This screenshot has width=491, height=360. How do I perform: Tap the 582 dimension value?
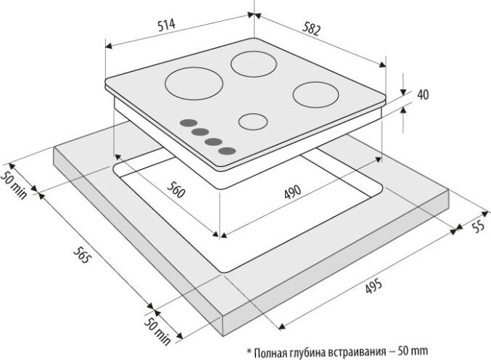tap(312, 30)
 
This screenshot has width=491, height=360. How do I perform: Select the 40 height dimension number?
tap(423, 94)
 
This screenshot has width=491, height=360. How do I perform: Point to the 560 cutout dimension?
tap(176, 189)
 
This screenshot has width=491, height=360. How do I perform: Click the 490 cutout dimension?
tap(292, 192)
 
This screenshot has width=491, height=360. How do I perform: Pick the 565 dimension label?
tap(82, 255)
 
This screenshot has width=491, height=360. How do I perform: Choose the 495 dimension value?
tap(374, 286)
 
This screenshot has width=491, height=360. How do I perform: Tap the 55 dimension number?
tap(479, 226)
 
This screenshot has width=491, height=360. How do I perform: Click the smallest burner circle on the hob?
tap(253, 121)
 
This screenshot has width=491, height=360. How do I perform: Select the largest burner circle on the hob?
tap(194, 84)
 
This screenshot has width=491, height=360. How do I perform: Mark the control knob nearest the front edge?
tap(227, 151)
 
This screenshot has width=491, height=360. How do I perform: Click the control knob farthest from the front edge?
tap(189, 123)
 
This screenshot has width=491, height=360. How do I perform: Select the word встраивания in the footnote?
tap(358, 352)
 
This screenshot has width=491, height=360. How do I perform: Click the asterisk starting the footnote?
tap(249, 351)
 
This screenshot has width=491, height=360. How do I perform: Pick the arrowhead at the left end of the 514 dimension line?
tap(109, 46)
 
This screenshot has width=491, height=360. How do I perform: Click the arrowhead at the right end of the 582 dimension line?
tap(382, 65)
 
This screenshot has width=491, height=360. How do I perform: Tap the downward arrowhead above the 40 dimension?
tap(404, 91)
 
